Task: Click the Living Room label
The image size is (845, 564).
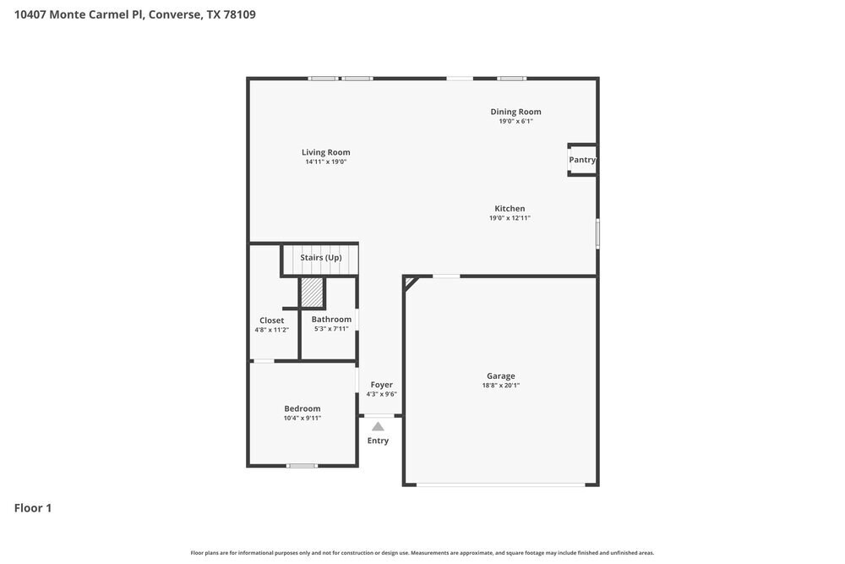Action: (325, 152)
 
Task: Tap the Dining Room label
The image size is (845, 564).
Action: (515, 112)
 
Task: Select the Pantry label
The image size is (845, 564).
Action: (582, 160)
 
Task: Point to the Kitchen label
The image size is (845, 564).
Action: (510, 208)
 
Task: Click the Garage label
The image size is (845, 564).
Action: (500, 376)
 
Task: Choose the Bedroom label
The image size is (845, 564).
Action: (302, 408)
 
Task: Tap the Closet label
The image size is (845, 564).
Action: (272, 320)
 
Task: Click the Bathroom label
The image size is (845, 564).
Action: (331, 319)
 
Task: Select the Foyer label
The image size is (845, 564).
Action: (382, 385)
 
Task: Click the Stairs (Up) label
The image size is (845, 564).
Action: (321, 257)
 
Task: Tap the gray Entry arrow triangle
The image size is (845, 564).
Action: (378, 427)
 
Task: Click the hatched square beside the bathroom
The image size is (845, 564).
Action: (312, 293)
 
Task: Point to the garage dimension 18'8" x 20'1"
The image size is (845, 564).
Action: (500, 386)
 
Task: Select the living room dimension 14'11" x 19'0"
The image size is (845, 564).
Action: (325, 162)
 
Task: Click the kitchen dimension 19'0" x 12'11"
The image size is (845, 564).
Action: (510, 218)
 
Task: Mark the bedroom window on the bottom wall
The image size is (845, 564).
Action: (302, 465)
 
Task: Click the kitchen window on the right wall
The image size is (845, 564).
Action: (597, 233)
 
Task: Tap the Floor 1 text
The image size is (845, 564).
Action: (33, 508)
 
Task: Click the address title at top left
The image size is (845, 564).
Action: (135, 14)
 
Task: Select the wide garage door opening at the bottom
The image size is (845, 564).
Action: (500, 485)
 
